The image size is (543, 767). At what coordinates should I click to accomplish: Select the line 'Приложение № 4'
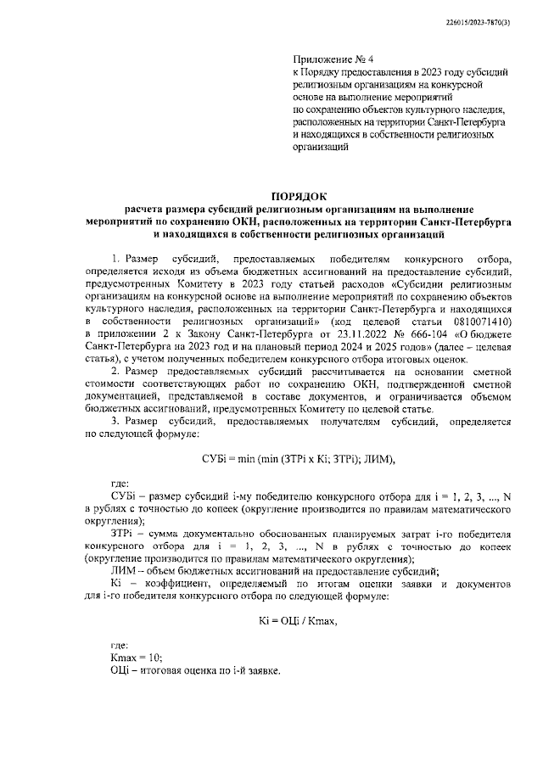pyautogui.click(x=327, y=61)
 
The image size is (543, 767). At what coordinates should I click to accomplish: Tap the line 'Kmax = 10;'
pyautogui.click(x=137, y=658)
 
